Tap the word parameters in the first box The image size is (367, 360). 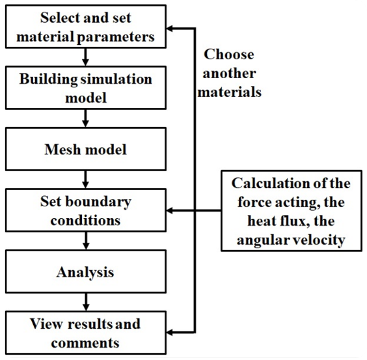pos(116,38)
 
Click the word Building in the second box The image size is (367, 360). pos(48,79)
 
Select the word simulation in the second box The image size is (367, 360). pos(116,79)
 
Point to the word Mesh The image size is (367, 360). pos(62,149)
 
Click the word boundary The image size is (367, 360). pos(98,201)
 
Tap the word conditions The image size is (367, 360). pos(85,221)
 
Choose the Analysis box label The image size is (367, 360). pos(85,272)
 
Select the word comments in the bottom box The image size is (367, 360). pos(85,343)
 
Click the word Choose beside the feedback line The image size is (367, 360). pos(229,54)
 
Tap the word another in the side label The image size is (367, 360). pos(229,74)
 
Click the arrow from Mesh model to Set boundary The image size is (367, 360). pos(85,180)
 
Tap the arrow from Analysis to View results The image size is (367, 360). pos(86,302)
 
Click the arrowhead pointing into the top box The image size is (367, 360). pos(169,29)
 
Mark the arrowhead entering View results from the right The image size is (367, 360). pos(169,332)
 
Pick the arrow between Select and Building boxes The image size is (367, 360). pos(85,57)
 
